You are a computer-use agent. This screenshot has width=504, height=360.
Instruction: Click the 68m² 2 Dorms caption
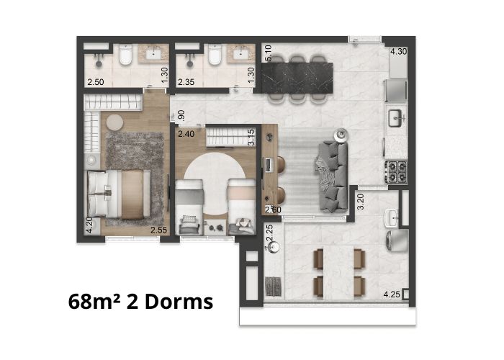coord(140,302)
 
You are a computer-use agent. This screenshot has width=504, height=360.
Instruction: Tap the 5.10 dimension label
coord(268,53)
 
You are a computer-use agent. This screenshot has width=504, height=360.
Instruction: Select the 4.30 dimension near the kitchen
coord(399,51)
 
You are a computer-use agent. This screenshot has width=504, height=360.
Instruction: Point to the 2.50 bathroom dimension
coord(96,82)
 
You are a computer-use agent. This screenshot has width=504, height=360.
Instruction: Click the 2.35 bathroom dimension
coord(186,82)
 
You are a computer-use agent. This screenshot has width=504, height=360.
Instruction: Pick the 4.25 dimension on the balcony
coord(392,294)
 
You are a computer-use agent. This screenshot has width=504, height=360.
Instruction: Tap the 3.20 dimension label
coord(361,202)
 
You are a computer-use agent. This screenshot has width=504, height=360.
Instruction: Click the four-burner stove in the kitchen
coord(396,171)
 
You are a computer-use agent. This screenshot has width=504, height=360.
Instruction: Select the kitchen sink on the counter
coord(396,118)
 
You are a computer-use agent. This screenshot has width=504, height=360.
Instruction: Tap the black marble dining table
coord(297,78)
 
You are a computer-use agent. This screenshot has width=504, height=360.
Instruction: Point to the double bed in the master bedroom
coord(119,194)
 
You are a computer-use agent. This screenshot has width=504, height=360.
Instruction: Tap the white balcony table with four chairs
coord(339,273)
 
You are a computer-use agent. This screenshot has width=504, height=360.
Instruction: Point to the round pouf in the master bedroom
coord(114,122)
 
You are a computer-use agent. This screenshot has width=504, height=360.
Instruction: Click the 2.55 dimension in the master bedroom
coord(159,230)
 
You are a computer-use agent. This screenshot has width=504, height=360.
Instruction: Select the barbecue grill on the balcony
coord(274,286)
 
